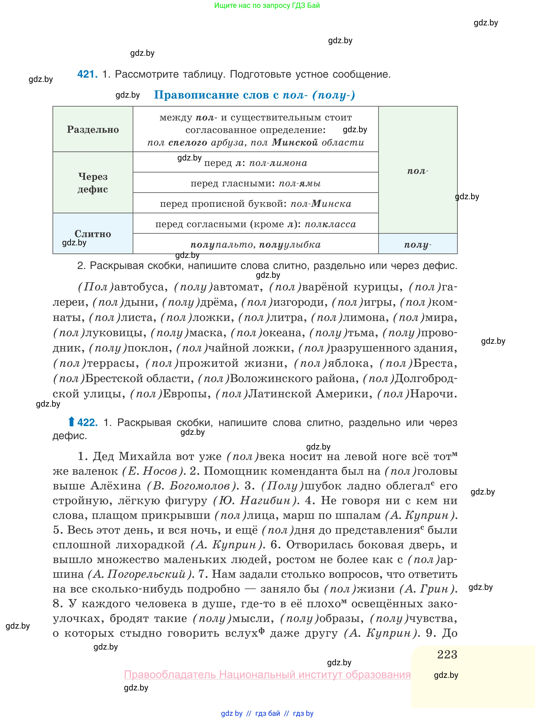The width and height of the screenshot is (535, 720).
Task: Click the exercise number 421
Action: [x=87, y=74]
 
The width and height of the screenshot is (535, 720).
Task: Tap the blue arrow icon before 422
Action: [x=71, y=422]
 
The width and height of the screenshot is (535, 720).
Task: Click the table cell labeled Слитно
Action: [x=93, y=234]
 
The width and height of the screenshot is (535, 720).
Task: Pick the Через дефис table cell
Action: [x=93, y=182]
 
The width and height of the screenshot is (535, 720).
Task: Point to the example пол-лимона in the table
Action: [x=278, y=163]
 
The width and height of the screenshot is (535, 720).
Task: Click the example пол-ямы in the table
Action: [x=300, y=183]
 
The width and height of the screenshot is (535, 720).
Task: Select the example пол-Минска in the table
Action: [x=321, y=204]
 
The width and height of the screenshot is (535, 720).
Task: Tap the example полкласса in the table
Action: [x=330, y=224]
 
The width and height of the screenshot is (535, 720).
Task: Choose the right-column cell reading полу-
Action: [x=417, y=245]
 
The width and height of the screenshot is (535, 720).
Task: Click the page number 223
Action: [x=447, y=654]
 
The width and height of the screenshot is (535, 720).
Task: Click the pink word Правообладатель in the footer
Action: [x=170, y=674]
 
